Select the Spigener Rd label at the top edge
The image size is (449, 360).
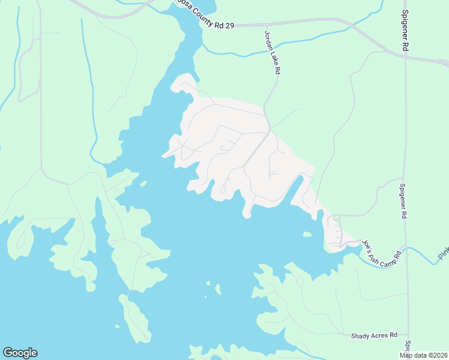click(406, 30)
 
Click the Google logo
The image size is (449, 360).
click(20, 353)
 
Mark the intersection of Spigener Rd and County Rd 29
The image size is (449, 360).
click(406, 55)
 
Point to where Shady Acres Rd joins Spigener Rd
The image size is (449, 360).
click(408, 335)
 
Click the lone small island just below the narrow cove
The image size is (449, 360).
click(307, 235)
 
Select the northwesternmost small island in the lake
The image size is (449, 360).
click(143, 184)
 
